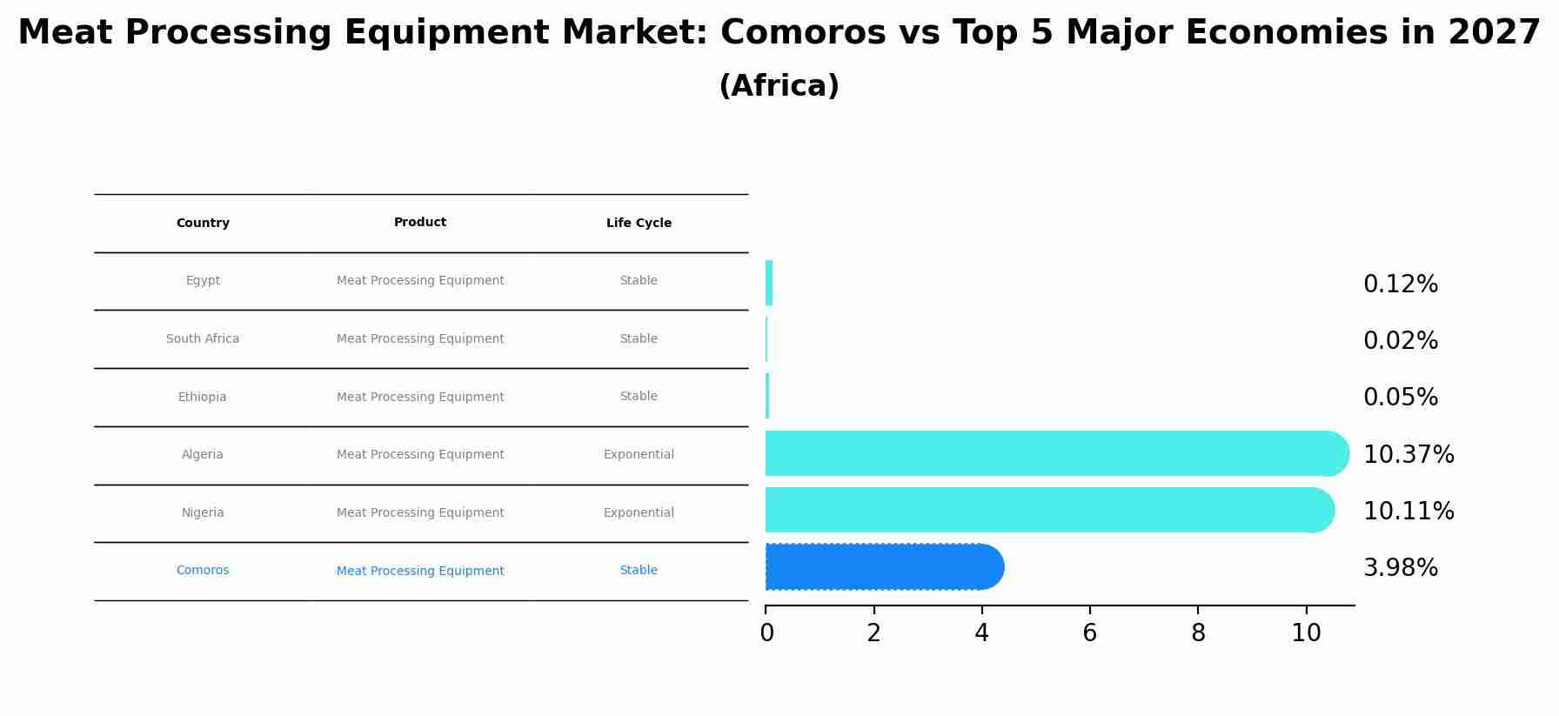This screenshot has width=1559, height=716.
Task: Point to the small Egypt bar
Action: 769,283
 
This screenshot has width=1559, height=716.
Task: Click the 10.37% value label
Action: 1408,455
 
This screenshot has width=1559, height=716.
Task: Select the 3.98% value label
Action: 1400,568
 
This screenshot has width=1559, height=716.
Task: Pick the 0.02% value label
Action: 1400,341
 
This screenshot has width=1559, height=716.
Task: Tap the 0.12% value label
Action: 1400,284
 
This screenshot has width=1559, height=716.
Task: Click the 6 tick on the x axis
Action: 1089,633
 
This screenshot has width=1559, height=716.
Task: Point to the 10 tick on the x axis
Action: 1306,633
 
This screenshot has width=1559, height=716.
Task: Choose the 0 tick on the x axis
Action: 766,633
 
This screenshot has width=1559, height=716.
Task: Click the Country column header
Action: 203,224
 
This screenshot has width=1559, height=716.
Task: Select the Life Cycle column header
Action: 639,224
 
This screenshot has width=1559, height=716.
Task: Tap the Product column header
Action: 420,223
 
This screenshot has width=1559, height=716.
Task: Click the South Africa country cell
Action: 203,339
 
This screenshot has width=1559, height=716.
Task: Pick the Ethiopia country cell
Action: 203,398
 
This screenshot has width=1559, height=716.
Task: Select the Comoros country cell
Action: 203,571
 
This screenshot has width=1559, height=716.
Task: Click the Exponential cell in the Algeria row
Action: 639,455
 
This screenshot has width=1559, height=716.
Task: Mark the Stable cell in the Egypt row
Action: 639,281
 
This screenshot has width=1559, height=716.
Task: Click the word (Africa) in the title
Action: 779,86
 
